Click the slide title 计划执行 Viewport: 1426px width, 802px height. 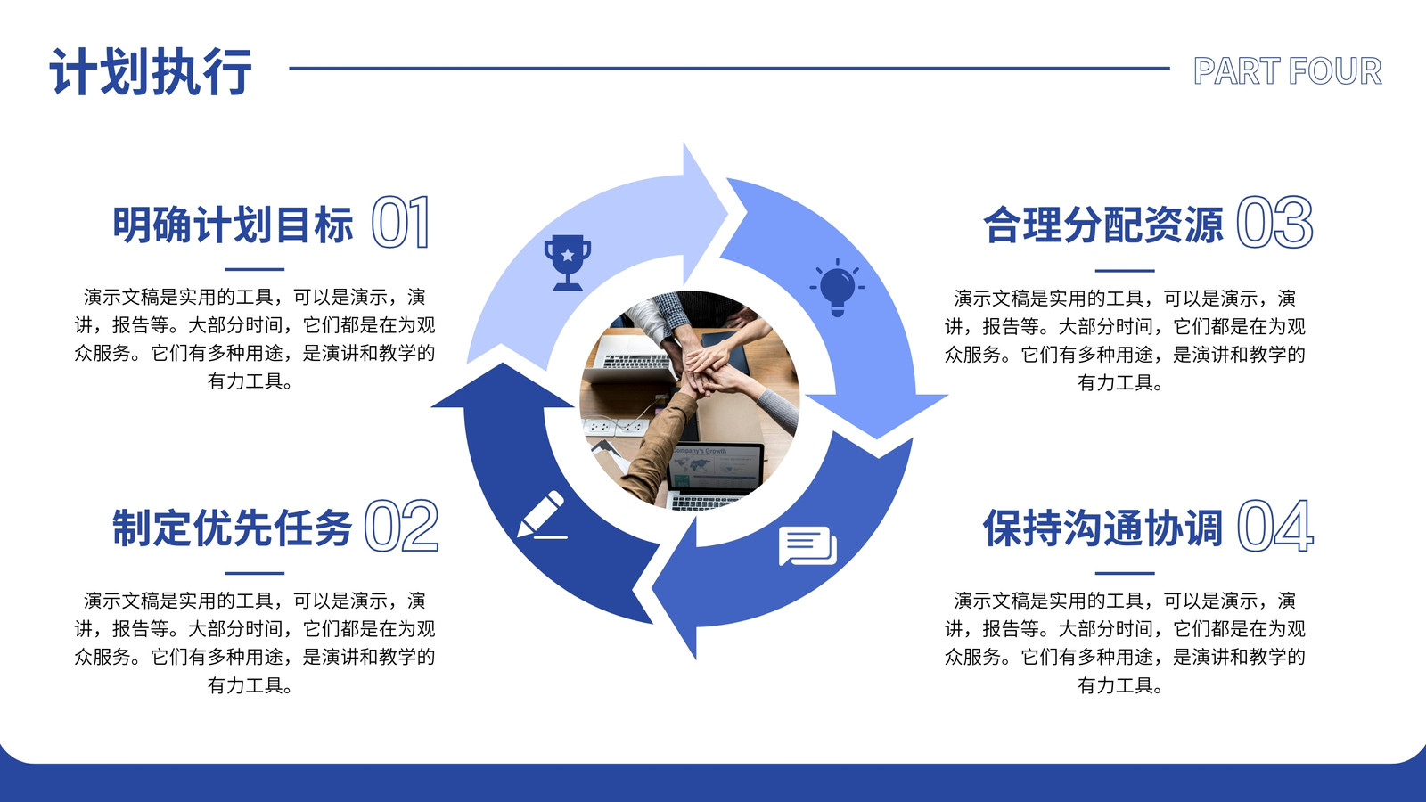[151, 71]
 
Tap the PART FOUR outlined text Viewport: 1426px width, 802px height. [1287, 70]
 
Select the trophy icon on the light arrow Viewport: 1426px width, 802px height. [567, 262]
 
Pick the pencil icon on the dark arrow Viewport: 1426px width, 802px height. [541, 515]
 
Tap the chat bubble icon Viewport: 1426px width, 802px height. [807, 545]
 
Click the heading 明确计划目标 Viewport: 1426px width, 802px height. [233, 225]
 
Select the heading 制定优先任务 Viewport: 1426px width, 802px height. [233, 528]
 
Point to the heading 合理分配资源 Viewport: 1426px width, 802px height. [1103, 225]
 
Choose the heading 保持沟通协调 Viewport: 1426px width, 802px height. [1103, 528]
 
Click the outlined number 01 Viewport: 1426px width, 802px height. [401, 222]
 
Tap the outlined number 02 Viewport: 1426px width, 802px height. [402, 526]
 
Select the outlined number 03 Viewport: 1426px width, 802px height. [1274, 222]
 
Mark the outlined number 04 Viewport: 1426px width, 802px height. [1275, 526]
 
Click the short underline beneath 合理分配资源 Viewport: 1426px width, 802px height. [1125, 271]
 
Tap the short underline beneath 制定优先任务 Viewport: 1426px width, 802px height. [255, 574]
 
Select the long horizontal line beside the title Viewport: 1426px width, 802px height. [730, 68]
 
